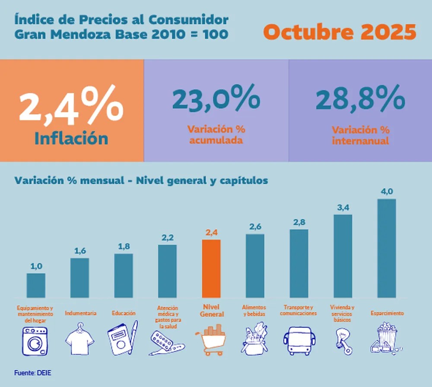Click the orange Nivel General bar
[x=211, y=268]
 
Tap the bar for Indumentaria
[x=79, y=278]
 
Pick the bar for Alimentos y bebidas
[x=255, y=265]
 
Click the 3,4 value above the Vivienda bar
[x=343, y=208]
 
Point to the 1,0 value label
[x=36, y=266]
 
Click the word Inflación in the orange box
[x=71, y=138]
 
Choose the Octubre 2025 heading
[x=340, y=32]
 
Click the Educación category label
[x=124, y=313]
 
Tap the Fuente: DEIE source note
[x=29, y=372]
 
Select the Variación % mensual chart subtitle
[x=141, y=180]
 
